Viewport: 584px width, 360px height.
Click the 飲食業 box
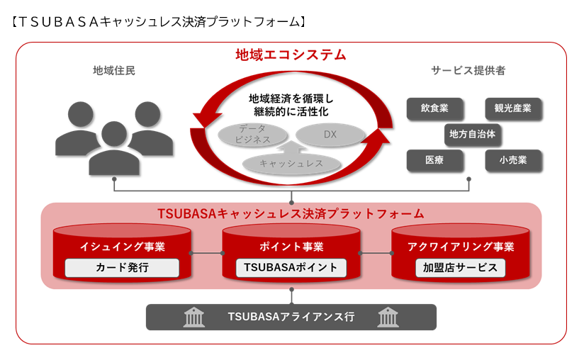click(434, 108)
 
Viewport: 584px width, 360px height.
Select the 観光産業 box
click(513, 108)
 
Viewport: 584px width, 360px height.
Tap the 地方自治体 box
click(473, 133)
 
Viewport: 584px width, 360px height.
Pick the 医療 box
click(434, 160)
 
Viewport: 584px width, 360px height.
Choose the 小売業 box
click(513, 160)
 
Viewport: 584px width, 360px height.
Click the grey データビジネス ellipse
click(254, 134)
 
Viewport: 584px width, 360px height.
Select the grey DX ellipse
click(330, 134)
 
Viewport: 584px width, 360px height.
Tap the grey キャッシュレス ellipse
click(291, 164)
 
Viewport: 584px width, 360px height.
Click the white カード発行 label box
click(123, 268)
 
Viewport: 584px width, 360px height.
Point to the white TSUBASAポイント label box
click(291, 268)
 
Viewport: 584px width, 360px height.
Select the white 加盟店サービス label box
click(460, 268)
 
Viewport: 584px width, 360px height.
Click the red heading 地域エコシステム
click(291, 55)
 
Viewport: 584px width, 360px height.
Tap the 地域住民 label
click(113, 71)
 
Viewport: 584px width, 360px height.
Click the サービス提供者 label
click(468, 71)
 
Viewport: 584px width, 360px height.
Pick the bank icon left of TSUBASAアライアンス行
click(193, 317)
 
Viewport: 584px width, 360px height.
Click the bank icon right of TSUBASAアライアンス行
click(388, 317)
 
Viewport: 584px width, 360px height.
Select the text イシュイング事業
click(123, 247)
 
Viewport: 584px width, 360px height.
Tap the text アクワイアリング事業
click(461, 247)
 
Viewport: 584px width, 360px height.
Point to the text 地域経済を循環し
click(291, 99)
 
